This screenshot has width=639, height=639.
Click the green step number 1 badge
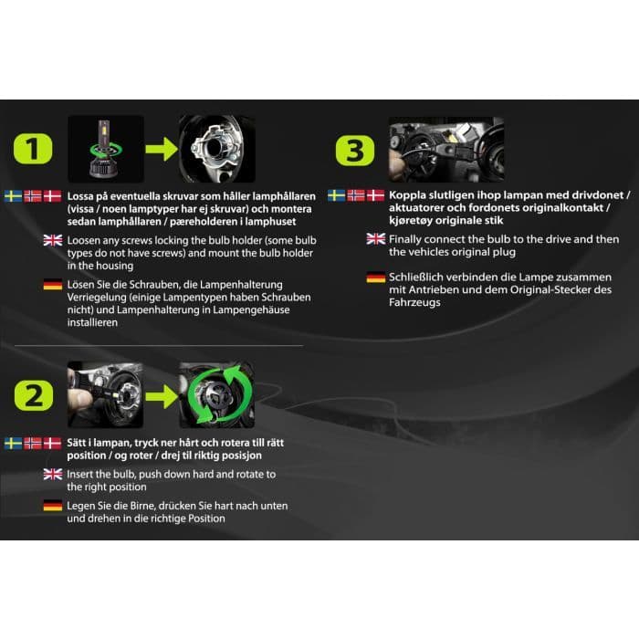[x=33, y=148]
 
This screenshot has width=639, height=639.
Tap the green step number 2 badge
[x=34, y=395]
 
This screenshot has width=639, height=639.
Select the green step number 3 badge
[x=355, y=151]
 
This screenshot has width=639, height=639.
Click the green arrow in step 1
[x=162, y=149]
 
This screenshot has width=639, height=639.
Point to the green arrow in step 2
[x=162, y=396]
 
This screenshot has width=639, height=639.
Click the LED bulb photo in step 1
[x=106, y=149]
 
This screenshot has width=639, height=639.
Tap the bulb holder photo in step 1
[x=217, y=149]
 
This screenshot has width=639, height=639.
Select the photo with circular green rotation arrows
[x=217, y=395]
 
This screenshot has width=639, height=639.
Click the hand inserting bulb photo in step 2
[x=105, y=395]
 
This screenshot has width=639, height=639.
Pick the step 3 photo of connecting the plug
[x=446, y=150]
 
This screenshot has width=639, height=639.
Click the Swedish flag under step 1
[x=13, y=196]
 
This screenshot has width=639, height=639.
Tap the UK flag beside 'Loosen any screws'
[x=53, y=240]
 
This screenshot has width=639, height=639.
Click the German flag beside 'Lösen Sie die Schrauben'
[x=53, y=285]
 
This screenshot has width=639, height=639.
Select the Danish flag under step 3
[x=375, y=195]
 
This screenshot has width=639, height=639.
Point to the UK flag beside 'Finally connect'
[x=376, y=239]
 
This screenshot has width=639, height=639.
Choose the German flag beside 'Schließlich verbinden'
[x=376, y=278]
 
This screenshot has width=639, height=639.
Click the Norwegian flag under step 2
[x=33, y=443]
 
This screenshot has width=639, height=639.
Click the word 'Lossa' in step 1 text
[x=80, y=196]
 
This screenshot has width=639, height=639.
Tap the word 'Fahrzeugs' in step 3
[x=414, y=303]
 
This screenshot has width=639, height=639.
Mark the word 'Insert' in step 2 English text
[x=80, y=475]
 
